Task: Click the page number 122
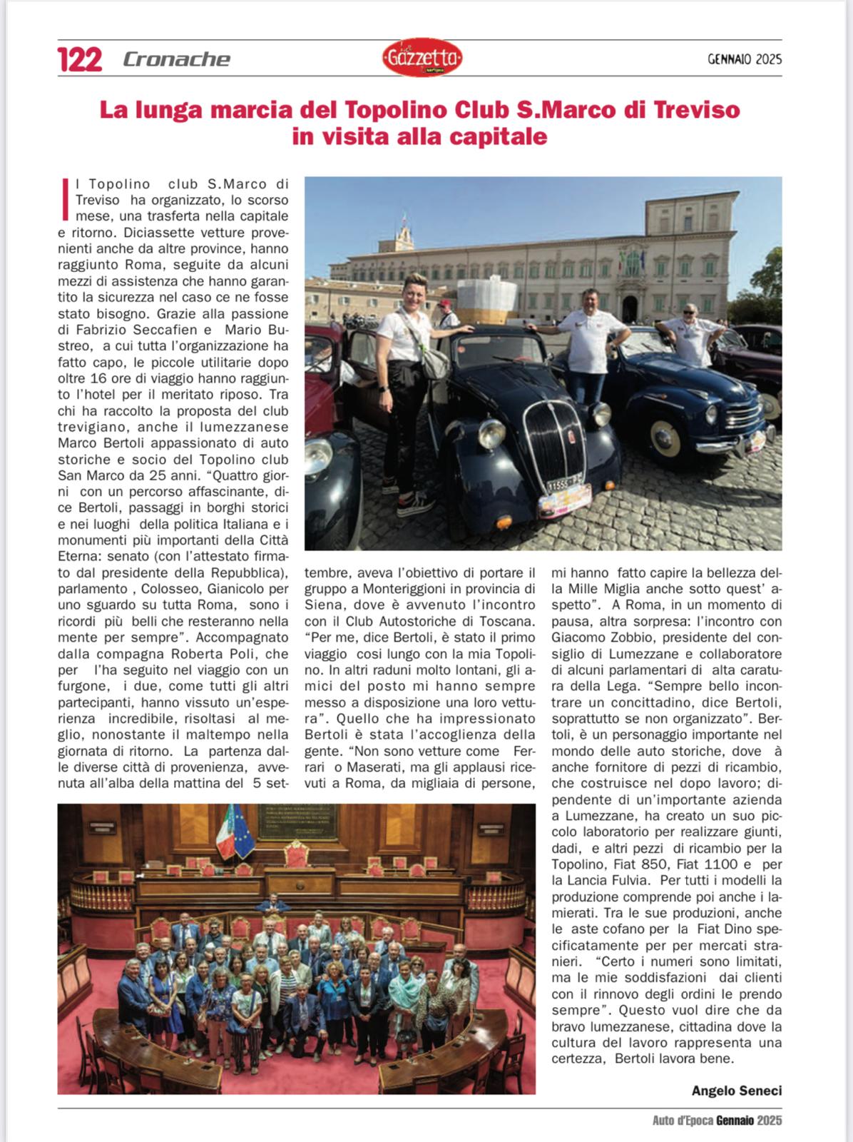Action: [x=80, y=59]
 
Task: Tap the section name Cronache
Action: [x=176, y=59]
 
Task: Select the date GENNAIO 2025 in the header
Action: [x=745, y=59]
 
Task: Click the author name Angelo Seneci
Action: [x=736, y=1091]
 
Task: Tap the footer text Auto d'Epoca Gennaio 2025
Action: [x=717, y=1121]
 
